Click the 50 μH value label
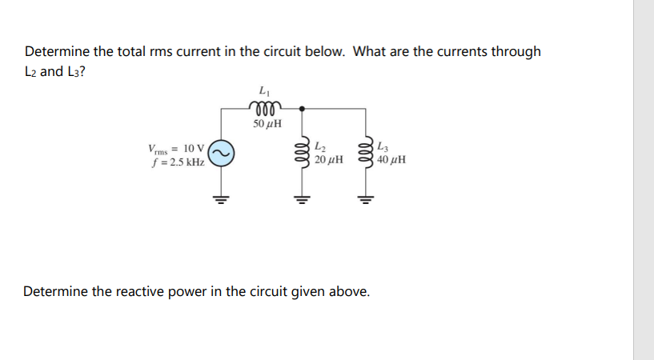(265, 125)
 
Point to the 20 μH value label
(329, 160)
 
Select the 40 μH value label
(391, 160)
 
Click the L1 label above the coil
(265, 90)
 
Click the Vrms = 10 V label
(177, 149)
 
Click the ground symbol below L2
(302, 198)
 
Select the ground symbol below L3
(368, 198)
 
